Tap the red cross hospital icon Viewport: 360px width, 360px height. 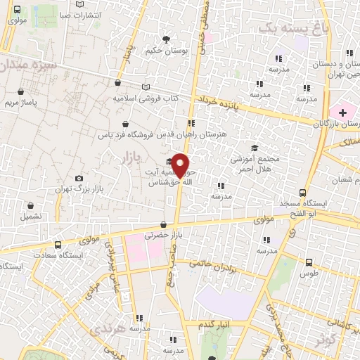pos(343,112)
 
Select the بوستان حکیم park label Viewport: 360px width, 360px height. pos(166,50)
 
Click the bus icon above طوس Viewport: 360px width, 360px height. pos(310,262)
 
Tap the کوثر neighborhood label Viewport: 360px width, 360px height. pos(323,340)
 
